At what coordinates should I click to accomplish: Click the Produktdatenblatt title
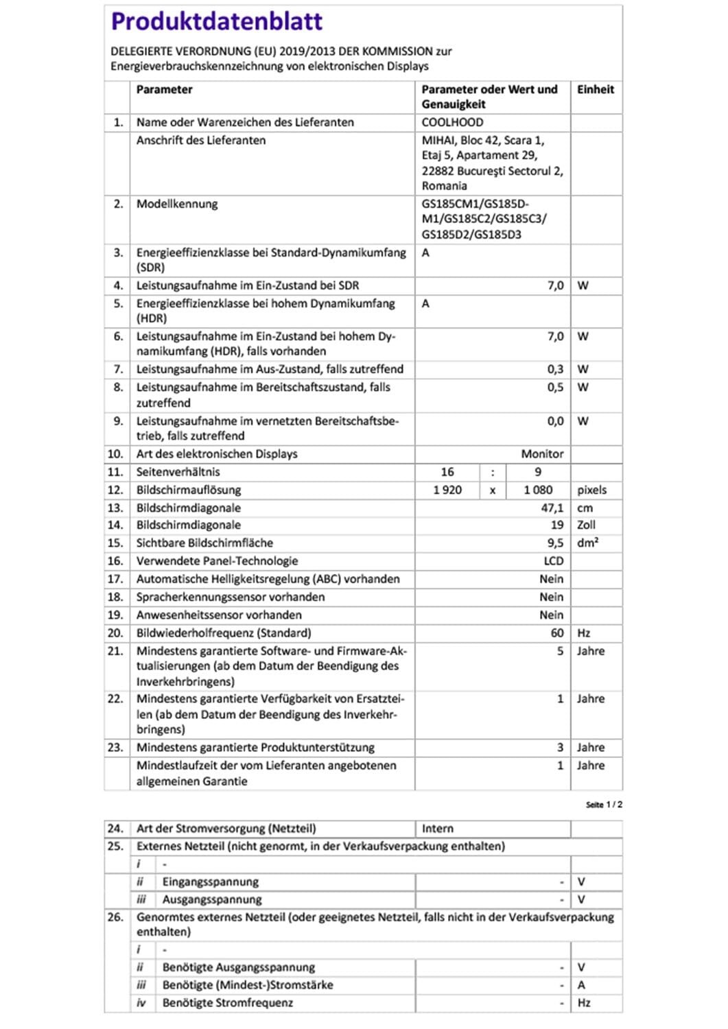pos(217,22)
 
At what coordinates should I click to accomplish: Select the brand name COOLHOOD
pos(452,122)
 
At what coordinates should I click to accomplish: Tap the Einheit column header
pos(595,89)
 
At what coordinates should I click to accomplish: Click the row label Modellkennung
pos(177,204)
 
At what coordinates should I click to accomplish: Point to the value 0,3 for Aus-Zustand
pos(555,369)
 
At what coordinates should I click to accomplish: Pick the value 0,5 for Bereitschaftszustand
pos(555,387)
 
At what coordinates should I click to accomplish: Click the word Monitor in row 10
pos(542,453)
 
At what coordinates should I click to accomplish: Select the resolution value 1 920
pos(447,490)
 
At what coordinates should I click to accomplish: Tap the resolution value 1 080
pos(538,490)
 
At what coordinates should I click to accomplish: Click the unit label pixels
pos(591,490)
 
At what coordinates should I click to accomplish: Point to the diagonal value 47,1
pos(552,508)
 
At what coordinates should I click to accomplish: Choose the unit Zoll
pos(586,525)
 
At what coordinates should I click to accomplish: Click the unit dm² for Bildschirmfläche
pos(587,543)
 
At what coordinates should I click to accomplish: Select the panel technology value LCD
pos(553,560)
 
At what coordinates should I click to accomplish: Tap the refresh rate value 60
pos(557,632)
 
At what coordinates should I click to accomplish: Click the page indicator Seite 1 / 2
pos(604,804)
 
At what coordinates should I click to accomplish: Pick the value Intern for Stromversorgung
pos(438,828)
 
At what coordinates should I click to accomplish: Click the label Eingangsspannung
pos(211,882)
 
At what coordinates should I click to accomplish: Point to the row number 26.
pos(115,916)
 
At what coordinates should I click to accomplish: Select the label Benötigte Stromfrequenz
pos(228,1002)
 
